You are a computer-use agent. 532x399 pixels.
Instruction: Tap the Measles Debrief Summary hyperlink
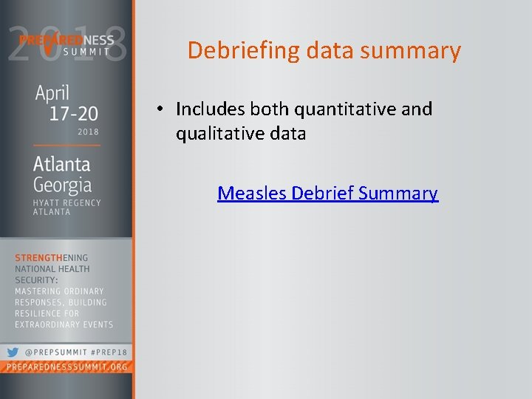click(327, 194)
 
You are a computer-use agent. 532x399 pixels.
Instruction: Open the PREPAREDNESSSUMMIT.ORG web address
click(67, 367)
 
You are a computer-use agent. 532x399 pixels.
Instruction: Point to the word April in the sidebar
click(52, 93)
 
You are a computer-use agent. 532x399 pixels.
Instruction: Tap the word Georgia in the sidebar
click(62, 185)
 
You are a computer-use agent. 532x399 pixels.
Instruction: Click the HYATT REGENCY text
click(66, 202)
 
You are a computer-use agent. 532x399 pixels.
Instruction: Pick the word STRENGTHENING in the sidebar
click(52, 258)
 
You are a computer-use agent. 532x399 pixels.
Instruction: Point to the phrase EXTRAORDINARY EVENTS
click(64, 324)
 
